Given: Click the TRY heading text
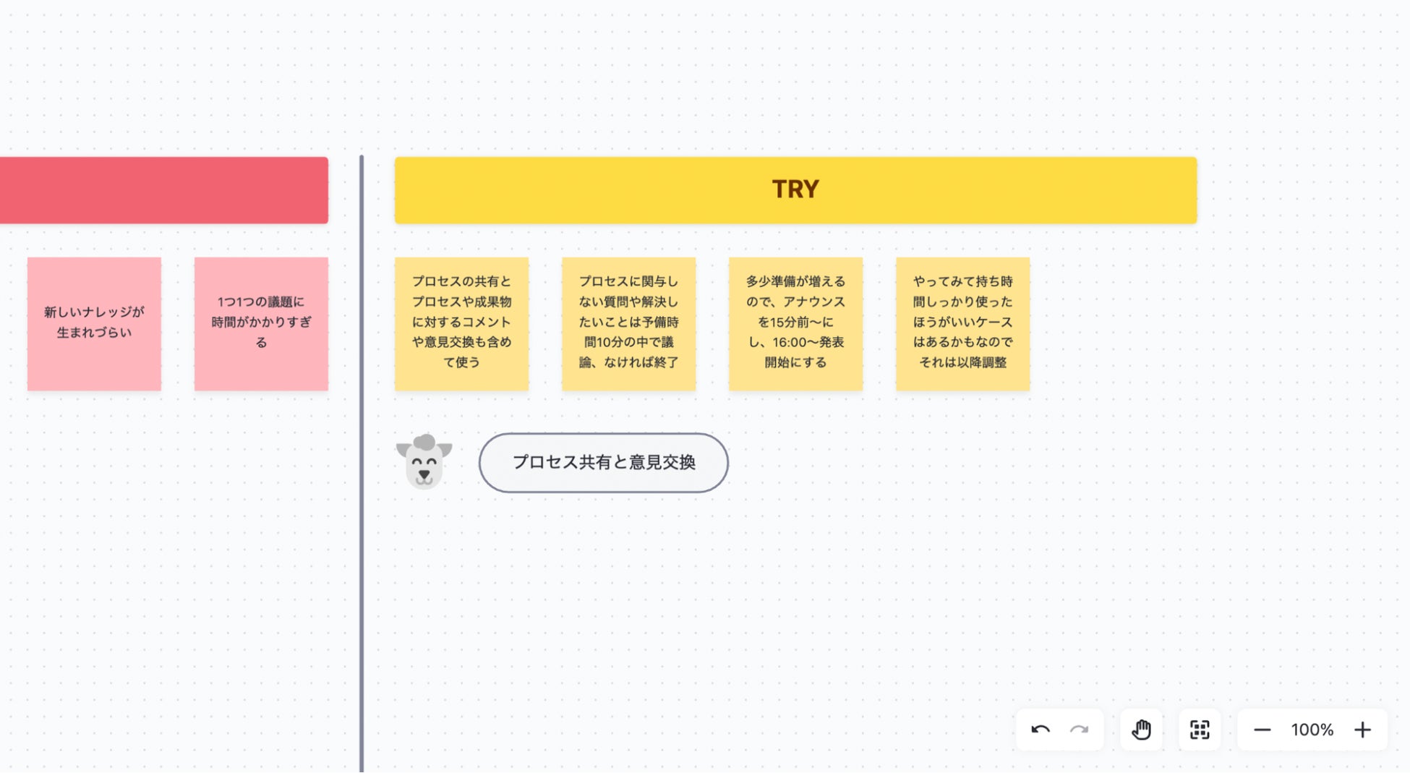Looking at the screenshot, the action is click(795, 189).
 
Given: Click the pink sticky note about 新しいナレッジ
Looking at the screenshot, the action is click(94, 323).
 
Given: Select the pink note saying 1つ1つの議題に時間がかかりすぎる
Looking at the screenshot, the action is click(261, 323).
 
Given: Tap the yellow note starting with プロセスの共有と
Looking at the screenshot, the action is click(461, 323).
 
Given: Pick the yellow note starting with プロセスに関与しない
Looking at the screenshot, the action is click(628, 323).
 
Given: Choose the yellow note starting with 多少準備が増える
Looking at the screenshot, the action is click(795, 323).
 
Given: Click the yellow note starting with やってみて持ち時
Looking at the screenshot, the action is click(962, 323).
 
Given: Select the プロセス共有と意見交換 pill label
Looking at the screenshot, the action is click(603, 463).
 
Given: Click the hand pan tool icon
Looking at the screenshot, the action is click(1141, 730).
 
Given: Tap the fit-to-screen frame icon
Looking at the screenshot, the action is click(1200, 730).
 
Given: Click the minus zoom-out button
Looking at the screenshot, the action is click(1262, 730).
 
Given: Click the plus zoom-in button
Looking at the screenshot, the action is click(1362, 730).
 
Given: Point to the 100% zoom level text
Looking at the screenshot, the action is click(1312, 730).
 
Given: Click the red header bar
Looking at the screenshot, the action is click(163, 190).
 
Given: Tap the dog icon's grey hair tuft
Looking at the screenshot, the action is click(424, 442).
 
